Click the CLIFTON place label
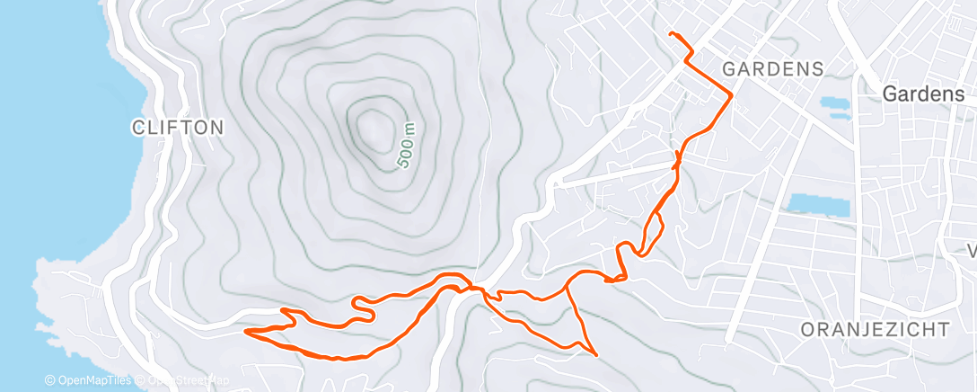[177, 128]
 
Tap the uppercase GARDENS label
[773, 68]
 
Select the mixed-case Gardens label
[923, 94]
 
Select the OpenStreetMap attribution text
[184, 381]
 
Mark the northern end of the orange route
[672, 33]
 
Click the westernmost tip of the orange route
[246, 331]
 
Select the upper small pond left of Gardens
[834, 102]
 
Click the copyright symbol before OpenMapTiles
[50, 381]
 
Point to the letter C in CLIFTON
[137, 128]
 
